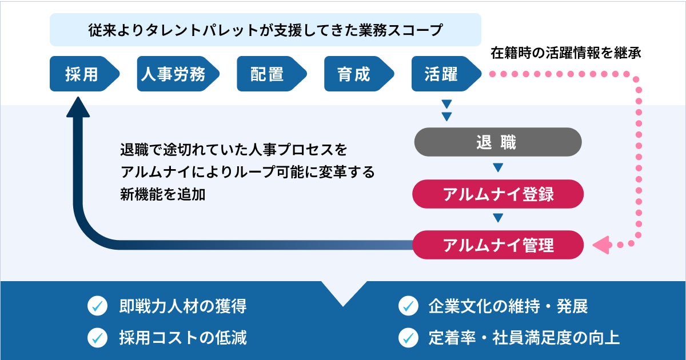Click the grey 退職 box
pyautogui.click(x=497, y=142)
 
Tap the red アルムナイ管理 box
pyautogui.click(x=497, y=245)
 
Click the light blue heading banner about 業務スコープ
pyautogui.click(x=265, y=30)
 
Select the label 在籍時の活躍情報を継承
pyautogui.click(x=566, y=54)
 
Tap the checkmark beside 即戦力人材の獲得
pyautogui.click(x=97, y=306)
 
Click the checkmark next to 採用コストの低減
pyautogui.click(x=97, y=337)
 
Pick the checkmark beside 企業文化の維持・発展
pyautogui.click(x=408, y=306)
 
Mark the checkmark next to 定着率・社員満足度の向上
pyautogui.click(x=408, y=337)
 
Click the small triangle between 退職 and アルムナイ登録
pyautogui.click(x=497, y=168)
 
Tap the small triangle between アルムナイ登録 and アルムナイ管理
pyautogui.click(x=497, y=218)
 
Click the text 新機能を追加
pyautogui.click(x=162, y=194)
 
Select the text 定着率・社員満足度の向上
pyautogui.click(x=524, y=337)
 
